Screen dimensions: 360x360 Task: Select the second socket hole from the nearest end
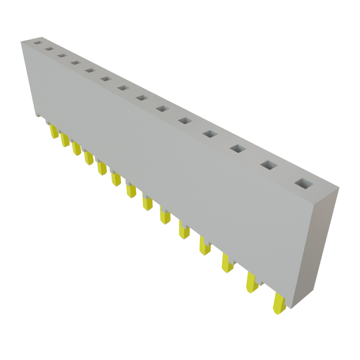269,165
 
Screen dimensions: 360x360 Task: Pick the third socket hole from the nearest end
237,148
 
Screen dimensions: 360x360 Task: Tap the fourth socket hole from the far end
75,63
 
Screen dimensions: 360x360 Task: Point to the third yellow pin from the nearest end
227,263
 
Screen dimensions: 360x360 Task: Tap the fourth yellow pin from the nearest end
205,246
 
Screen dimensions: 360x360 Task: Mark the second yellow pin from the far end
65,140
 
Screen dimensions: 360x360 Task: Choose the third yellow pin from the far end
77,149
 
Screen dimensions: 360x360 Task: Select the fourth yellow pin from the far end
89,158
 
